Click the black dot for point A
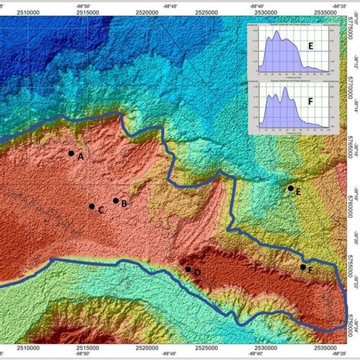click(x=71, y=153)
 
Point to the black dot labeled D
click(x=188, y=248)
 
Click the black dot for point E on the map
click(x=290, y=188)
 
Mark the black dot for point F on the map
click(x=303, y=246)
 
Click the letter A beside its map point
click(x=81, y=156)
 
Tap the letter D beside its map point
click(x=197, y=251)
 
